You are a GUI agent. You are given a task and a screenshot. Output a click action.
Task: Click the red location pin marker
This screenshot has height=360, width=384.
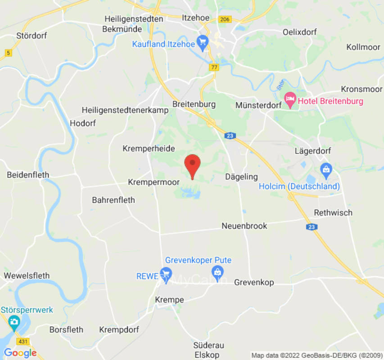point(193,165)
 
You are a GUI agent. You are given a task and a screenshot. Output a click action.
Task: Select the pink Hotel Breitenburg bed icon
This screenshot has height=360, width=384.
point(290,101)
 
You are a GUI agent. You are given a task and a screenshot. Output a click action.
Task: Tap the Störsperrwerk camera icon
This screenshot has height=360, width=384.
point(14,322)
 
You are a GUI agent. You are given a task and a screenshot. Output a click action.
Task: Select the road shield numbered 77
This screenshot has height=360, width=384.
point(213,67)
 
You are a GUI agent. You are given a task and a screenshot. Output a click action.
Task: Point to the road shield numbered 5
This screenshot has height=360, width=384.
point(8,53)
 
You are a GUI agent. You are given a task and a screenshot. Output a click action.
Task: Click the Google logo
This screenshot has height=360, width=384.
point(20,353)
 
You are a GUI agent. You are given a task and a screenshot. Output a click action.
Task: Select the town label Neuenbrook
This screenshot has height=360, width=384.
point(244,226)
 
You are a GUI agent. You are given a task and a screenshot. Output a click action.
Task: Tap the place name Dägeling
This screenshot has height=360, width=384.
point(241,177)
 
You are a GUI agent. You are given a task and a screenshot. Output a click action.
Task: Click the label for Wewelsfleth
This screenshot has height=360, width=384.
point(27,275)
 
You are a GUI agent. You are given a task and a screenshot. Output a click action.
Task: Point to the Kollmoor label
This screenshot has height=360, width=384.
point(363,47)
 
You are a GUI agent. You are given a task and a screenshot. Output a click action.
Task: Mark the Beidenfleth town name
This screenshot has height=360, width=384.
point(28,175)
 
